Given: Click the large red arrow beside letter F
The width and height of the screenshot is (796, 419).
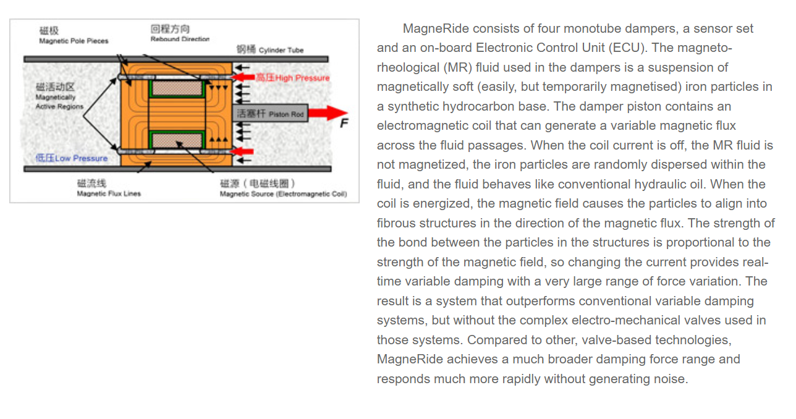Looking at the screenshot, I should pyautogui.click(x=328, y=113).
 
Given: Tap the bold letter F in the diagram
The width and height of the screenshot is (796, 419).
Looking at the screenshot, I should pyautogui.click(x=344, y=124).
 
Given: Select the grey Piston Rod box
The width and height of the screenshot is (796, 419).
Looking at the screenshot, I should pyautogui.click(x=271, y=114).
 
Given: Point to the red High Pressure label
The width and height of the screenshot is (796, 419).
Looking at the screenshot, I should pyautogui.click(x=292, y=78).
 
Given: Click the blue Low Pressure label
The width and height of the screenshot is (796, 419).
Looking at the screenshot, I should pyautogui.click(x=72, y=158).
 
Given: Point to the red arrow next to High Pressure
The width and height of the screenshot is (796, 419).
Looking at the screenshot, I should pyautogui.click(x=246, y=78).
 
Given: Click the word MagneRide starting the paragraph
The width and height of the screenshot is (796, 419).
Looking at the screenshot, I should pyautogui.click(x=433, y=28).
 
